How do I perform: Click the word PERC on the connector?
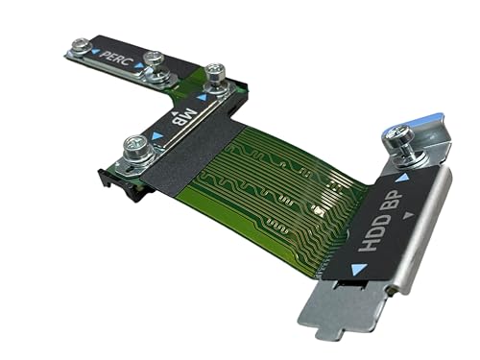click(118, 60)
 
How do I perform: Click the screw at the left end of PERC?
click(81, 43)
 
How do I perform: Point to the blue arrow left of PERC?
click(95, 53)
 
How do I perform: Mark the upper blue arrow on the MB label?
click(202, 96)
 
